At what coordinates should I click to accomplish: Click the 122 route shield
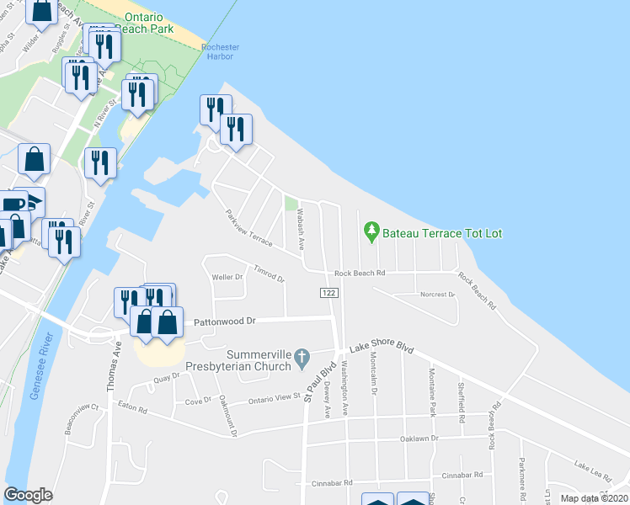tap(328, 291)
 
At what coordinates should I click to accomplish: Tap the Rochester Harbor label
tap(222, 52)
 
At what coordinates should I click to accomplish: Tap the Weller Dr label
tap(227, 276)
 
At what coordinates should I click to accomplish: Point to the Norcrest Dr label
tap(437, 295)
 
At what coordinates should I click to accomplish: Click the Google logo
tap(28, 494)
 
